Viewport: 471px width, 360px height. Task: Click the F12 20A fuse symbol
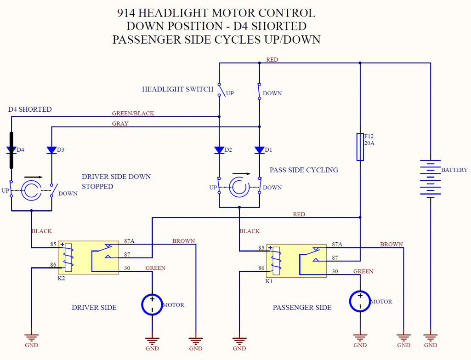(360, 147)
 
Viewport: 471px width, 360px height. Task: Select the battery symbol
(430, 178)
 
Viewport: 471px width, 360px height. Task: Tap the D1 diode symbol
(260, 150)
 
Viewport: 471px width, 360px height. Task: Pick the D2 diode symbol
(219, 150)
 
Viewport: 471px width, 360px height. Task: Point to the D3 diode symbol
(51, 150)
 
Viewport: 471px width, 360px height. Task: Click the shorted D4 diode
(11, 150)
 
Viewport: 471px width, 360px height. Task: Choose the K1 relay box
(296, 261)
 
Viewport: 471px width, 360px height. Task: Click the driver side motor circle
(152, 304)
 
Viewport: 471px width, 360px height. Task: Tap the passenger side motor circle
(360, 301)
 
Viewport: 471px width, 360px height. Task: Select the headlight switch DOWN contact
(260, 90)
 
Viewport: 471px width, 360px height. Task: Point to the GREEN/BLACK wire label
(133, 113)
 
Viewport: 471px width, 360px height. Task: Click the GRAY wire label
(120, 124)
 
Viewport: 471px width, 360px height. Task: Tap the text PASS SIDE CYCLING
(304, 170)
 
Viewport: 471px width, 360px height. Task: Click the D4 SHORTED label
(30, 109)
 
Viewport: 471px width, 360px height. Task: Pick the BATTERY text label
(454, 170)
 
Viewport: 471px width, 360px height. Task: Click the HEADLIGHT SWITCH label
(178, 89)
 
